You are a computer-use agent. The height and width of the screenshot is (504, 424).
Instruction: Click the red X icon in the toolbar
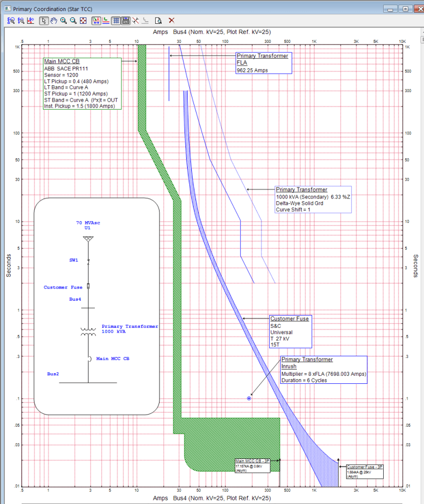pyautogui.click(x=172, y=21)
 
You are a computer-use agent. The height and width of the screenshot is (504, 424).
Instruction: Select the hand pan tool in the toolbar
pyautogui.click(x=54, y=21)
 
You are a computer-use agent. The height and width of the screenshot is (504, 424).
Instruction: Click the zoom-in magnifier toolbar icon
pyautogui.click(x=64, y=21)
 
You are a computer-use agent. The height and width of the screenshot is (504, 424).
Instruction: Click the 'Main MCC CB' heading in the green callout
pyautogui.click(x=61, y=61)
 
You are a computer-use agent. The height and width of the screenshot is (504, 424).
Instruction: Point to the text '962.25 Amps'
pyautogui.click(x=253, y=70)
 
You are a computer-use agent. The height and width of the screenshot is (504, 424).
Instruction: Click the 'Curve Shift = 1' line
pyautogui.click(x=293, y=210)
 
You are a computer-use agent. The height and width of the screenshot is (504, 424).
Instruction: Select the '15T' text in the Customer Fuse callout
pyautogui.click(x=275, y=345)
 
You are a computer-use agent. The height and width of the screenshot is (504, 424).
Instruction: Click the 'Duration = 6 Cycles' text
pyautogui.click(x=305, y=381)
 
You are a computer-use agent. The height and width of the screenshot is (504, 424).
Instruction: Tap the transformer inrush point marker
pyautogui.click(x=249, y=398)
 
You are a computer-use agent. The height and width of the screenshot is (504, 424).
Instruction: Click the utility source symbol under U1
pyautogui.click(x=87, y=239)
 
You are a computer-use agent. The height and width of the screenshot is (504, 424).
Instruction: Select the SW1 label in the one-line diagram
pyautogui.click(x=74, y=260)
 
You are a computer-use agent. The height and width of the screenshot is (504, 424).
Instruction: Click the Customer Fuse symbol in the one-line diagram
pyautogui.click(x=88, y=286)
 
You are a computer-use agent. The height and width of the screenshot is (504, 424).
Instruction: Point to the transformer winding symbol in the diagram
pyautogui.click(x=88, y=331)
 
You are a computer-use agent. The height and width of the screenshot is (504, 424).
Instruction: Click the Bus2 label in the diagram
pyautogui.click(x=53, y=374)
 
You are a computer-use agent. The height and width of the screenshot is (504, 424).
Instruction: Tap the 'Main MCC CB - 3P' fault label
pyautogui.click(x=252, y=461)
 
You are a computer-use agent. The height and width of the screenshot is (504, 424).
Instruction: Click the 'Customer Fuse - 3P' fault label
pyautogui.click(x=364, y=467)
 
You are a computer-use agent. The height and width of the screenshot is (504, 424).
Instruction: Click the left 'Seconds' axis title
pyautogui.click(x=8, y=265)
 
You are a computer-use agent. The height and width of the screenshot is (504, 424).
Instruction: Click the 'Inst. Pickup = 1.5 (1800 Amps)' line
pyautogui.click(x=79, y=106)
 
